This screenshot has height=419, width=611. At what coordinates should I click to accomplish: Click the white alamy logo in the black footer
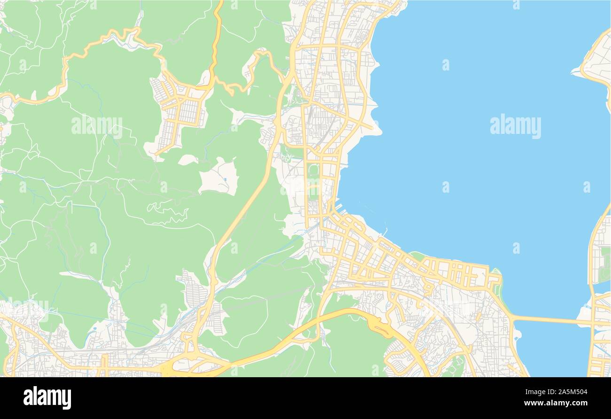click(x=47, y=397)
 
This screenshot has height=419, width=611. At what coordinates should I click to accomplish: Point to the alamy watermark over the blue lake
click(x=515, y=125)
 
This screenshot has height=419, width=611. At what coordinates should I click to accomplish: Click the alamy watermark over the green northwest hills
click(x=97, y=125)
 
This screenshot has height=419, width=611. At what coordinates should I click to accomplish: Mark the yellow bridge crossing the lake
click(x=550, y=320)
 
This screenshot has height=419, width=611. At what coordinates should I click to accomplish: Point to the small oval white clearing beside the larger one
click(x=188, y=160)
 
